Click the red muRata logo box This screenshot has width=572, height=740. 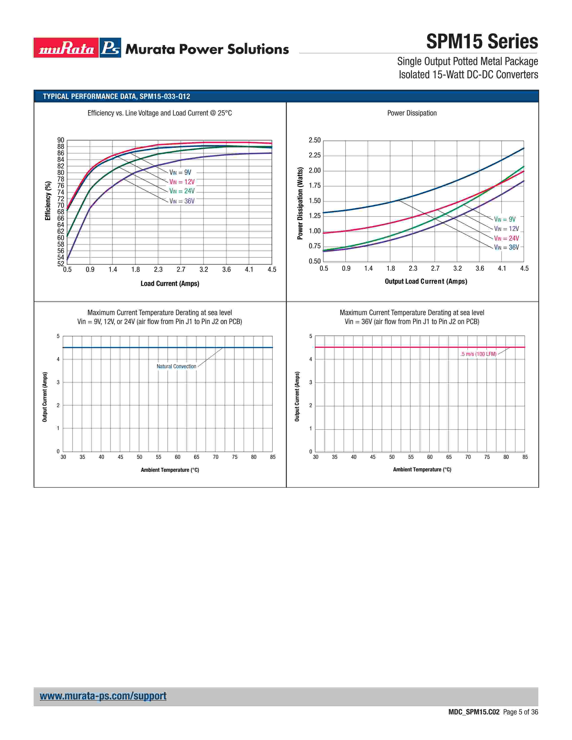point(66,48)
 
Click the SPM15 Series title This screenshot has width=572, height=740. point(482,42)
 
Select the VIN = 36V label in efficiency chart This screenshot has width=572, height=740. point(182,201)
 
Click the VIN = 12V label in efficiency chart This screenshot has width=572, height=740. point(182,182)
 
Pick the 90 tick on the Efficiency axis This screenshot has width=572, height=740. point(61,140)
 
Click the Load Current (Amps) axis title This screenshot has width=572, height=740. point(170,284)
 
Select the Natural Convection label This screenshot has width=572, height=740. point(176,367)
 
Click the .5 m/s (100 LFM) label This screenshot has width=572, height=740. point(478,354)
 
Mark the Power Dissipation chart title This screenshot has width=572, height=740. point(412,113)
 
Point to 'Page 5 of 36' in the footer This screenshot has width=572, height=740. point(520,712)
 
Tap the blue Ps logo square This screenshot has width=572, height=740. point(110,48)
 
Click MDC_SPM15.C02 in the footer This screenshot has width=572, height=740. point(474,712)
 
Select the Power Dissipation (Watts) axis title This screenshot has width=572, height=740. point(300,203)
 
